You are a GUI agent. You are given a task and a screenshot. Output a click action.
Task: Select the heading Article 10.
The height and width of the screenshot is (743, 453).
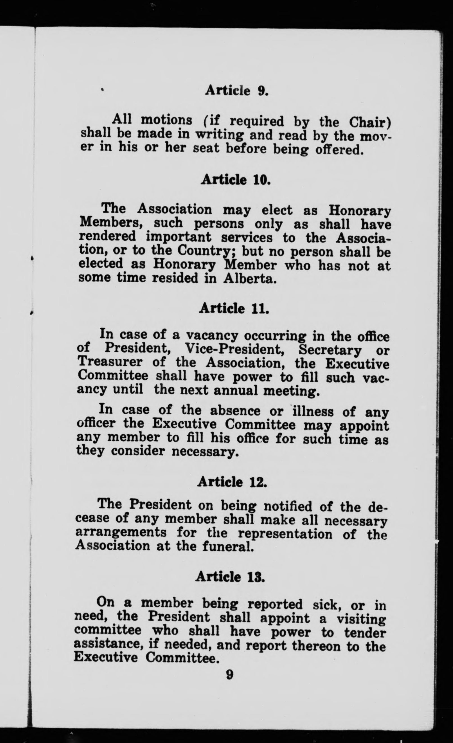click(x=235, y=180)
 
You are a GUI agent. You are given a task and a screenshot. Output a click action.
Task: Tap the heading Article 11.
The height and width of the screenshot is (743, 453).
click(x=234, y=308)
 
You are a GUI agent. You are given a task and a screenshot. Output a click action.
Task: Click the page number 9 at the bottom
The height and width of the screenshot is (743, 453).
click(x=229, y=674)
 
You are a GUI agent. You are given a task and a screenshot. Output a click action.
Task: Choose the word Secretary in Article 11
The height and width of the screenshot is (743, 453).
click(x=330, y=350)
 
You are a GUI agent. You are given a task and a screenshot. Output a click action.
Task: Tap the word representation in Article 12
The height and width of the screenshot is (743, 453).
click(x=285, y=533)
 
